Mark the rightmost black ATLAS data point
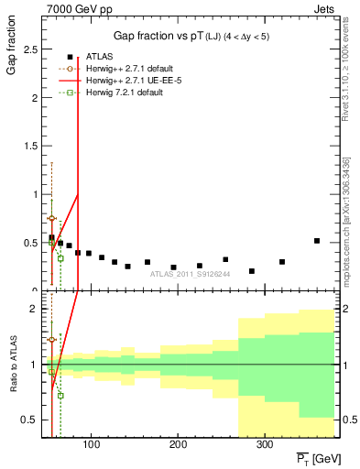click(x=317, y=241)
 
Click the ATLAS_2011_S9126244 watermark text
click(x=190, y=273)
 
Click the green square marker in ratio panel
click(x=60, y=396)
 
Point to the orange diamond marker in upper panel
click(x=51, y=219)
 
